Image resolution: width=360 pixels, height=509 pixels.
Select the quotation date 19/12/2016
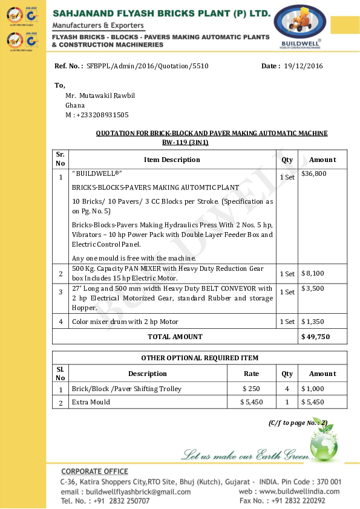pyautogui.click(x=303, y=65)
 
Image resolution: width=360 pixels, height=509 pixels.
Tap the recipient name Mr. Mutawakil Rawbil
pyautogui.click(x=100, y=96)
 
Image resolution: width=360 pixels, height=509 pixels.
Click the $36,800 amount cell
pyautogui.click(x=314, y=173)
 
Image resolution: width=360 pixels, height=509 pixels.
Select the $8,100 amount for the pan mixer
pyautogui.click(x=313, y=273)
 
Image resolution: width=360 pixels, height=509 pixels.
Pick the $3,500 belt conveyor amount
pyautogui.click(x=313, y=288)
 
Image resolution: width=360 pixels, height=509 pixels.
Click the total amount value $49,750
pyautogui.click(x=315, y=337)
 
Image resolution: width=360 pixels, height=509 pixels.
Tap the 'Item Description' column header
pyautogui.click(x=172, y=160)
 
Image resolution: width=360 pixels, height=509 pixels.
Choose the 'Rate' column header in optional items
pyautogui.click(x=251, y=374)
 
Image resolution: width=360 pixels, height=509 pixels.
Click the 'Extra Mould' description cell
pyautogui.click(x=91, y=402)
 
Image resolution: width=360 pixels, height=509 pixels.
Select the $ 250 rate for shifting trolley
pyautogui.click(x=251, y=389)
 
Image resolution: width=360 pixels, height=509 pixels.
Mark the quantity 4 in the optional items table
pyautogui.click(x=287, y=389)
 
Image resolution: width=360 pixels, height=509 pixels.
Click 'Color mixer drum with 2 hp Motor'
pyautogui.click(x=125, y=322)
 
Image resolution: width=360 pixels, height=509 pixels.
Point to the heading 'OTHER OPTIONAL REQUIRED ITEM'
pyautogui.click(x=200, y=358)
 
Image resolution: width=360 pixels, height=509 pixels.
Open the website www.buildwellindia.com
pyautogui.click(x=301, y=491)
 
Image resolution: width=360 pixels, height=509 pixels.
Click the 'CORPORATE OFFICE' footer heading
pyautogui.click(x=94, y=472)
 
